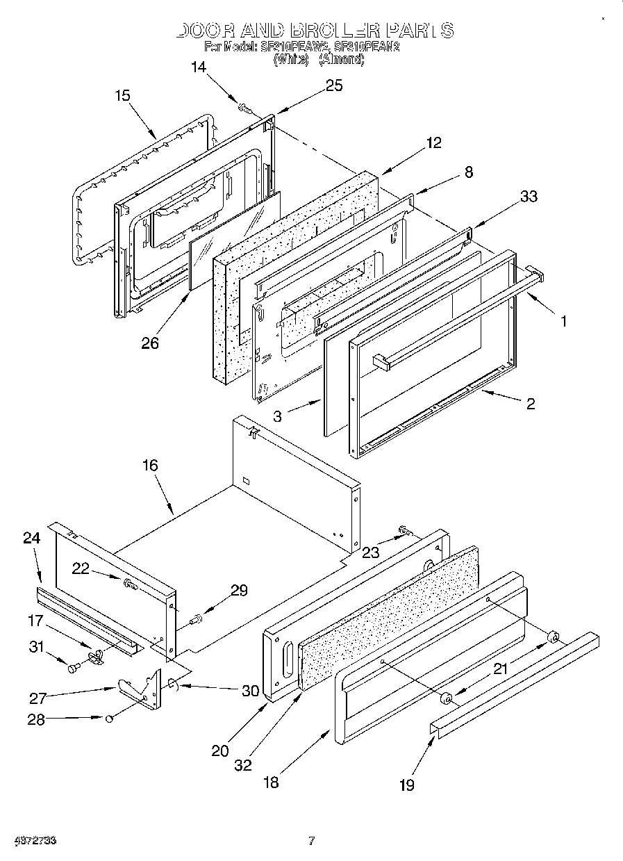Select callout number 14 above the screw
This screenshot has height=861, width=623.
(199, 67)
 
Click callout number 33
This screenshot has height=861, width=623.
(529, 197)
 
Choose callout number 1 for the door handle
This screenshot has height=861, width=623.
(563, 321)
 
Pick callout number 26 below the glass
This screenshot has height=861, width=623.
(150, 343)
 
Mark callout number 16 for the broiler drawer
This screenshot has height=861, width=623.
(150, 466)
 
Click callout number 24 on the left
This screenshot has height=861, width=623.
(31, 538)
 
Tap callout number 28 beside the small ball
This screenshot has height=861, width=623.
(35, 719)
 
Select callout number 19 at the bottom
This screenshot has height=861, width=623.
(406, 785)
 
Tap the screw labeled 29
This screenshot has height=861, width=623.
(196, 616)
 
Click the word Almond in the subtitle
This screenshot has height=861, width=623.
(341, 60)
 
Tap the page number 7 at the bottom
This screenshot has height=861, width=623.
(311, 841)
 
